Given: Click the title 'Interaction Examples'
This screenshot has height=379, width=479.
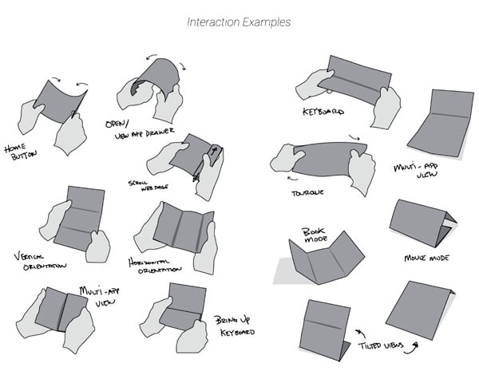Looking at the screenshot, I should pyautogui.click(x=239, y=22).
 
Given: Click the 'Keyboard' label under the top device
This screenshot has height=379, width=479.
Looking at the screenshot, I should pyautogui.click(x=323, y=113).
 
